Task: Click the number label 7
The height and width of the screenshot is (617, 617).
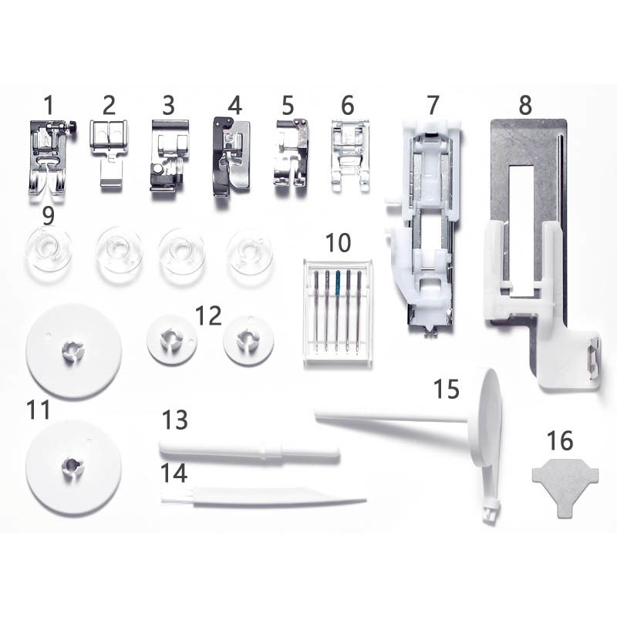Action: click(433, 105)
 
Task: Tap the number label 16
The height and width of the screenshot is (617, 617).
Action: click(560, 440)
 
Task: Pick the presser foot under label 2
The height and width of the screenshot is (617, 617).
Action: click(110, 152)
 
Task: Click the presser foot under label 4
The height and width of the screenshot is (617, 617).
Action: click(231, 157)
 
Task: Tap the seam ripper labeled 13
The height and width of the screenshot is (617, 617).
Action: click(249, 450)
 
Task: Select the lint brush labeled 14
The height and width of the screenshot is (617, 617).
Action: click(264, 497)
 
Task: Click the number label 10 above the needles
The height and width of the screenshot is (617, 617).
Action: click(339, 243)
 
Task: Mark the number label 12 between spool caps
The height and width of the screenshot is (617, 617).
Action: click(208, 316)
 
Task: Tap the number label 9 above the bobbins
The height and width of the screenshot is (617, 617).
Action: click(48, 216)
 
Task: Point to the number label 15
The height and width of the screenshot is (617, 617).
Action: click(447, 389)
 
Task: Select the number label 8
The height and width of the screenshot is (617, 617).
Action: click(525, 105)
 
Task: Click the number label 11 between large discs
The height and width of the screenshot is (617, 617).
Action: click(39, 410)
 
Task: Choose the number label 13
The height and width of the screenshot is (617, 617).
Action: click(175, 420)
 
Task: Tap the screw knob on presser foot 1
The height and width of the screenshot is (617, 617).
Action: click(72, 126)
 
